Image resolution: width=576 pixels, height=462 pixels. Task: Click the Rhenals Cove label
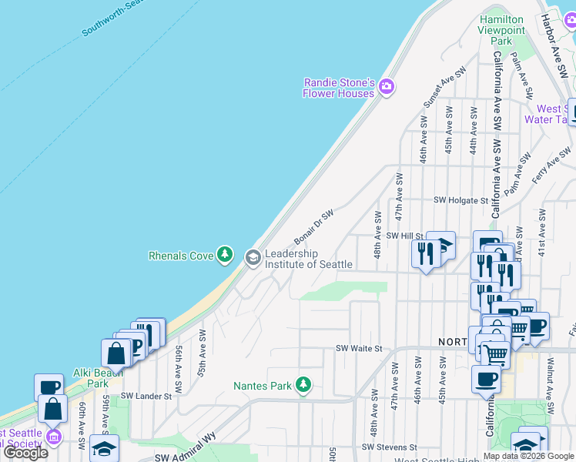(180, 255)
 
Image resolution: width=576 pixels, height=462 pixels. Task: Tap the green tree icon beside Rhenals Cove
(225, 255)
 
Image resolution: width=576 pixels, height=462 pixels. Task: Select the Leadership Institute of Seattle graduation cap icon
(253, 259)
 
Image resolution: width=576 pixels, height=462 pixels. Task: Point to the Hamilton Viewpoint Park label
(501, 30)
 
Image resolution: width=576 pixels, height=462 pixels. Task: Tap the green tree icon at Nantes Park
(303, 383)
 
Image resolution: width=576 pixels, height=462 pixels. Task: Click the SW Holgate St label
(461, 200)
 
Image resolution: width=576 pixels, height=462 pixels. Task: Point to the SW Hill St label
(405, 236)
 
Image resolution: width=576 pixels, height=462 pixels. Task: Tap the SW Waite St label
(358, 349)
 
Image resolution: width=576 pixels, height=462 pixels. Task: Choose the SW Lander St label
(145, 396)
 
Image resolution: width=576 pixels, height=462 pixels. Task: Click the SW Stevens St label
(389, 447)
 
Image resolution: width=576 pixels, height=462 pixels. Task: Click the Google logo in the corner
(25, 453)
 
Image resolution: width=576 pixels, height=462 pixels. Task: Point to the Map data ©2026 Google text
(528, 456)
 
